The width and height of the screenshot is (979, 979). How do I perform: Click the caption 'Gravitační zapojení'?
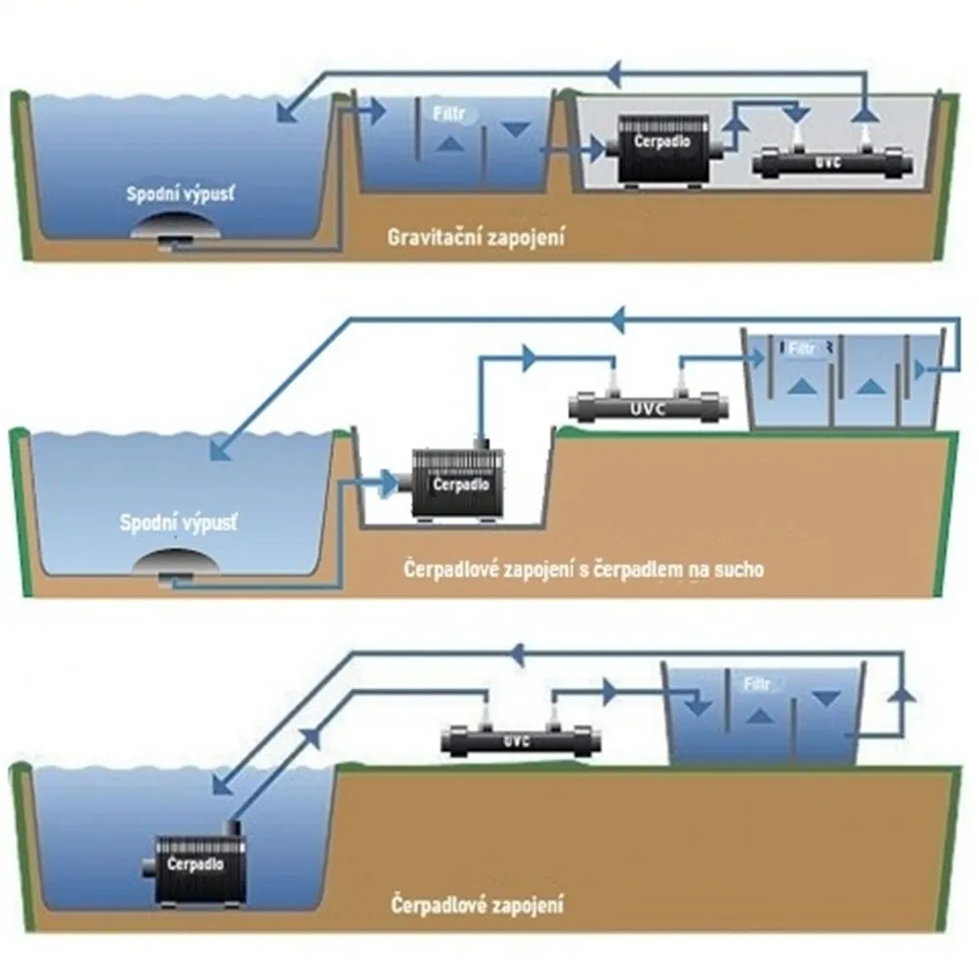click(476, 236)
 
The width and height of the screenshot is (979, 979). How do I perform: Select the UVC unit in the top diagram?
click(829, 163)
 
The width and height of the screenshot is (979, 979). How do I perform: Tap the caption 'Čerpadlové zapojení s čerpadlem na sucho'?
click(583, 569)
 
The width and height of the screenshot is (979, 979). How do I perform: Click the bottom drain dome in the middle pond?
click(178, 566)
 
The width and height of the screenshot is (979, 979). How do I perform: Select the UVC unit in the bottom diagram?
click(516, 740)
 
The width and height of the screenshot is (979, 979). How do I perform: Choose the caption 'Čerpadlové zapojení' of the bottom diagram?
click(477, 902)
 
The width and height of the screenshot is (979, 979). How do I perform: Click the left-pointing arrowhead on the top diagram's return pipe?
click(615, 70)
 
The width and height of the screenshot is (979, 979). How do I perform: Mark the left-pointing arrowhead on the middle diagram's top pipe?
click(620, 319)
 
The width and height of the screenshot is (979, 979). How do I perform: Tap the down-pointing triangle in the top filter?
click(515, 129)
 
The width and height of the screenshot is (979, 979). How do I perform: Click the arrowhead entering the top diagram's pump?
click(593, 149)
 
